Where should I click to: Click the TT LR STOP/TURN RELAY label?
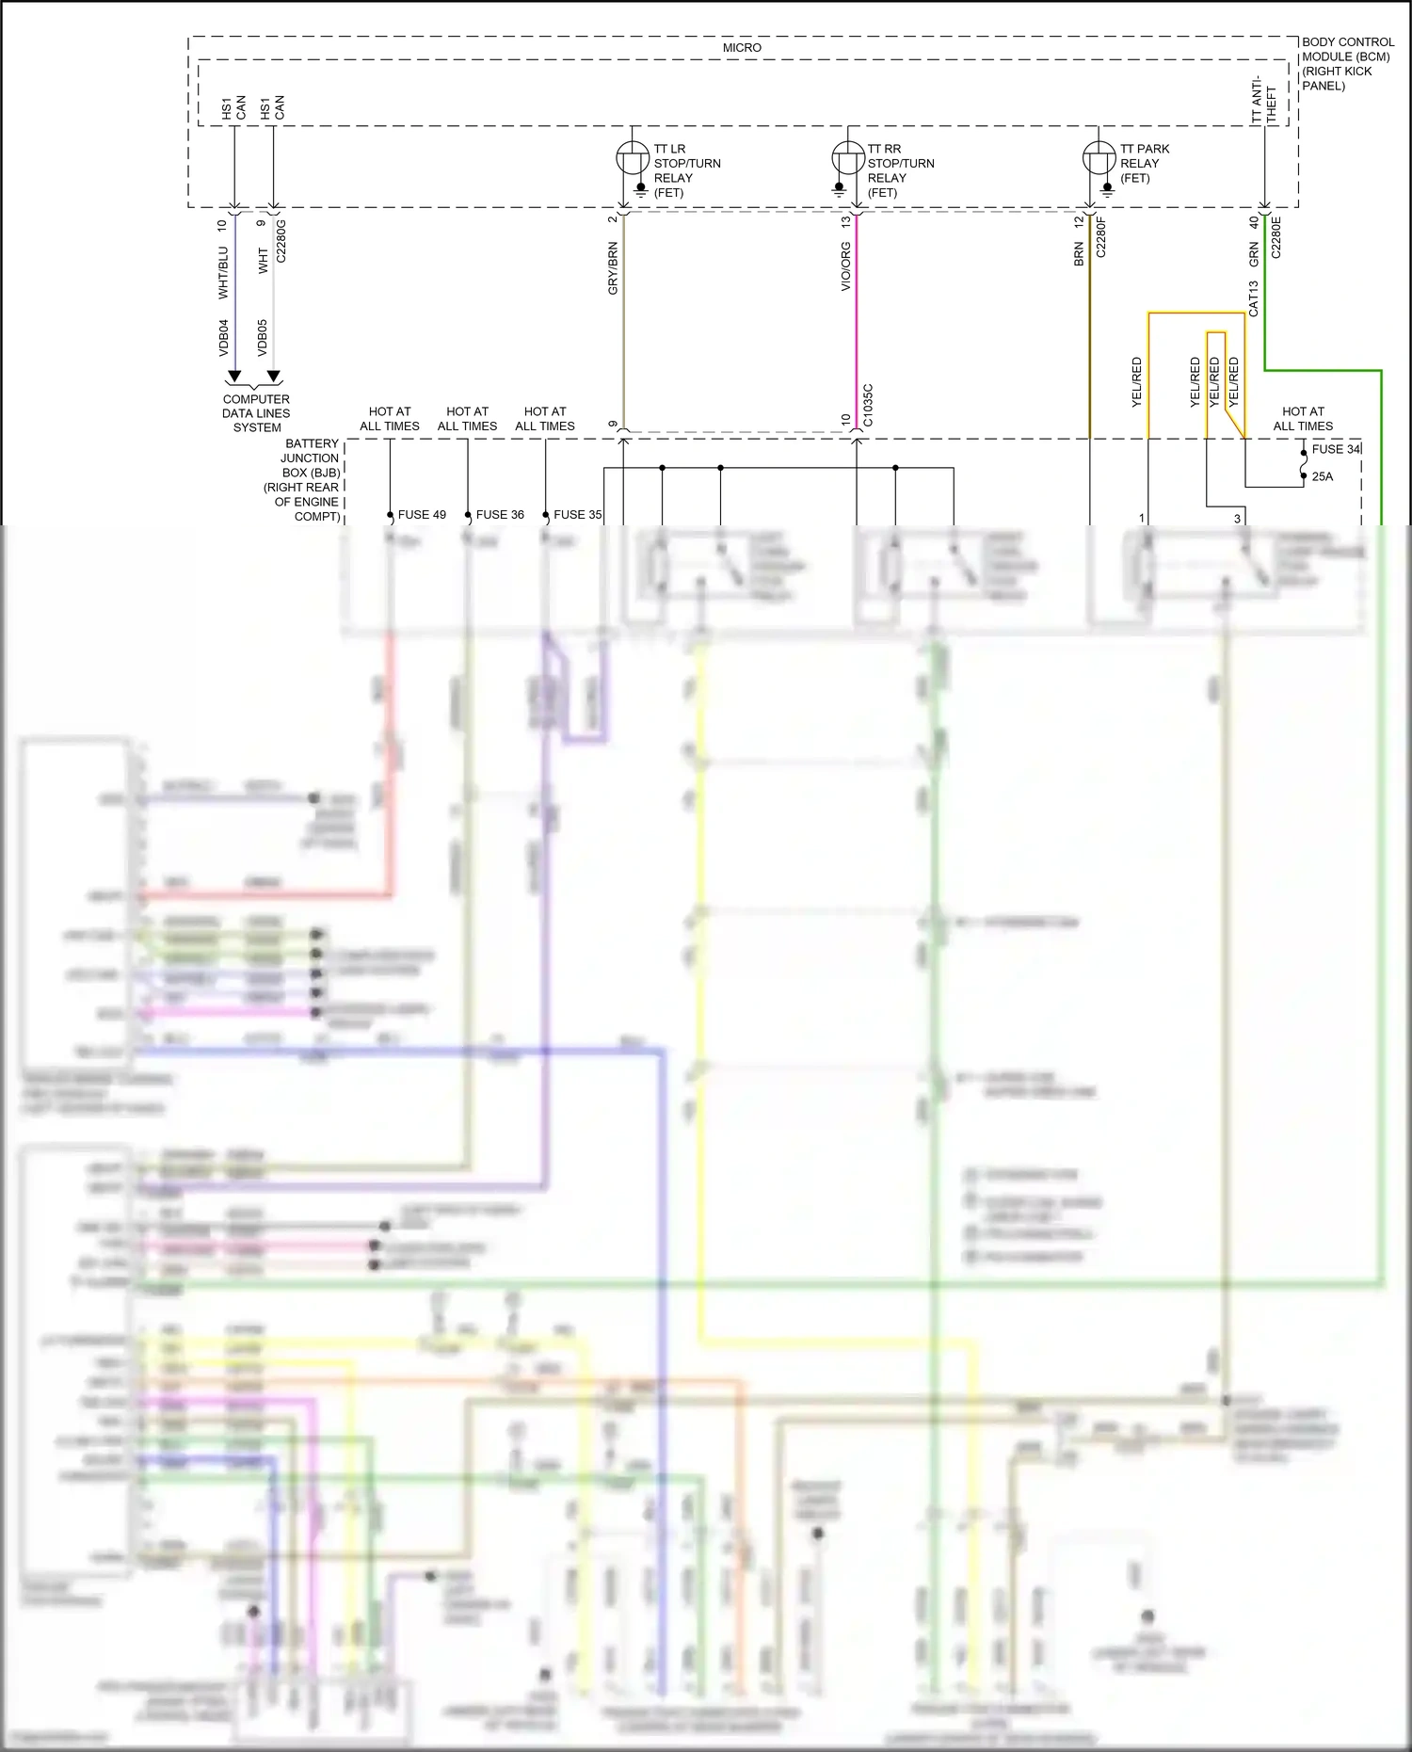pyautogui.click(x=686, y=170)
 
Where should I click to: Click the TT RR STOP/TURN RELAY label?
pyautogui.click(x=900, y=170)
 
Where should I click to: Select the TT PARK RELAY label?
pyautogui.click(x=1144, y=163)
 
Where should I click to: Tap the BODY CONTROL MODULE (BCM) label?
pyautogui.click(x=1346, y=63)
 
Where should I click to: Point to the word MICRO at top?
pyautogui.click(x=742, y=47)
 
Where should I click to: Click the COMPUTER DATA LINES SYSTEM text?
pyautogui.click(x=256, y=412)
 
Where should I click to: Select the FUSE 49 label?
pyautogui.click(x=422, y=514)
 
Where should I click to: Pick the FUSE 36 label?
pyautogui.click(x=500, y=514)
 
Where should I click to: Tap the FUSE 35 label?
pyautogui.click(x=577, y=514)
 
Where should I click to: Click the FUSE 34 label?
pyautogui.click(x=1336, y=449)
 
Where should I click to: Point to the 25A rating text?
pyautogui.click(x=1322, y=476)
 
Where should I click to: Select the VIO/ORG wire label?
pyautogui.click(x=845, y=265)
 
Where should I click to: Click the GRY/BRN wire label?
pyautogui.click(x=613, y=268)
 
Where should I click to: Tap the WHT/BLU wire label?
pyautogui.click(x=223, y=272)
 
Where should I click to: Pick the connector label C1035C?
pyautogui.click(x=867, y=405)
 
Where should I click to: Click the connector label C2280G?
pyautogui.click(x=281, y=240)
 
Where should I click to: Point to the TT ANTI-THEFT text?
pyautogui.click(x=1263, y=100)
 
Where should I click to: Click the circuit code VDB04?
pyautogui.click(x=223, y=337)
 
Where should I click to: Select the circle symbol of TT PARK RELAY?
pyautogui.click(x=1099, y=157)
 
